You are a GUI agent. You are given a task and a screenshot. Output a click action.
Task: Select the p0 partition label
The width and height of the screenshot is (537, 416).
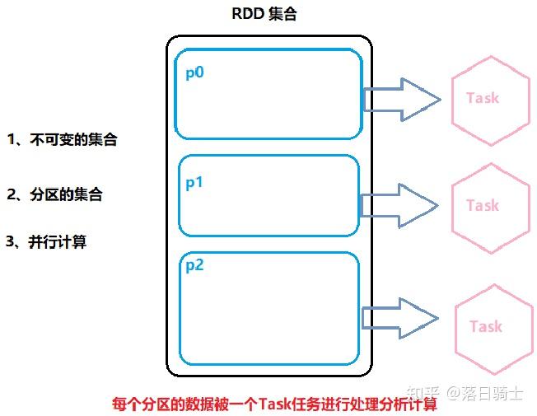pos(195,72)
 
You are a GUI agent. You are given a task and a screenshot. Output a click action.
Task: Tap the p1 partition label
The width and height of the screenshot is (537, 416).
pos(194,183)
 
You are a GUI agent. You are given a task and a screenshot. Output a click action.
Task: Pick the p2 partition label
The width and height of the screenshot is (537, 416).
pos(194,265)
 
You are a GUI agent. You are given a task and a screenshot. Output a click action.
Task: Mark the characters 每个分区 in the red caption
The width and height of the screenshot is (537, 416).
pos(141,404)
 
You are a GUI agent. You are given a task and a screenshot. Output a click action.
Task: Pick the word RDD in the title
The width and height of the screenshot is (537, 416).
pos(249,16)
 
